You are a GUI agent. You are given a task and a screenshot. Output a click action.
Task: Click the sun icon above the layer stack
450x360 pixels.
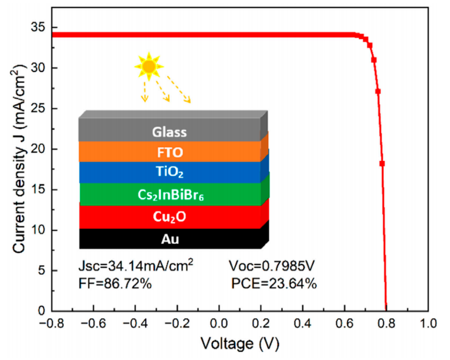148,66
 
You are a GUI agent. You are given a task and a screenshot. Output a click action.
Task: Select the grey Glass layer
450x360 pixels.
169,132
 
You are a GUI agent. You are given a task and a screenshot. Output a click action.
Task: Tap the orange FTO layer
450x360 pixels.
169,151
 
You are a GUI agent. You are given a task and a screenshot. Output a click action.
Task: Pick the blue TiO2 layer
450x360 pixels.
169,172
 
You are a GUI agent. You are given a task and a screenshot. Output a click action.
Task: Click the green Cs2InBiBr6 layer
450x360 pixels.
169,194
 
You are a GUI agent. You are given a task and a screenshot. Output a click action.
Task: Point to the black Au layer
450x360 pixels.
169,239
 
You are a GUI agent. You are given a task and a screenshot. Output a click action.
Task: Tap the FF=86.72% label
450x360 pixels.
115,283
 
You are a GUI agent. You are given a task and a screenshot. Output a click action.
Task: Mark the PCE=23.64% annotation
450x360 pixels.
274,283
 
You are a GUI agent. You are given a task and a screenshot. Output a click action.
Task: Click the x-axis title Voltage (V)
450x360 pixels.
240,345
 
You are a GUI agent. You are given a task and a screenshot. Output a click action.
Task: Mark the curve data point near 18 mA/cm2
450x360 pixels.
382,163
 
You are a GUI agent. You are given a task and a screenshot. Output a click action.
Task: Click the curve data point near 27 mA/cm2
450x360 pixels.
378,91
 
